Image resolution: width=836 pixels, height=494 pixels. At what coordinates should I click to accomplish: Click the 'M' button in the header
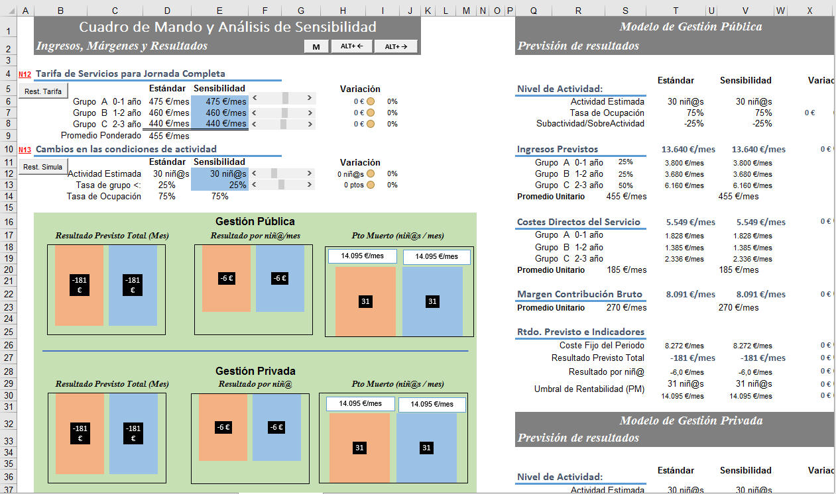pos(316,46)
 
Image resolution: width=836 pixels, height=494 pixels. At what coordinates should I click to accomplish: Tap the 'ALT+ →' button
pos(396,46)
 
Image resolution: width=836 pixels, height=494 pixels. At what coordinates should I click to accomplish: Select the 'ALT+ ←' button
pos(352,46)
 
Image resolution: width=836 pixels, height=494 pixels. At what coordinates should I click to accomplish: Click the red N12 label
pos(25,74)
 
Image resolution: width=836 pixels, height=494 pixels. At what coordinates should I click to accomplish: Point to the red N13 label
pos(25,150)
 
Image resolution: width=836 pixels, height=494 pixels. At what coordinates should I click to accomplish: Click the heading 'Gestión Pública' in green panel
pos(255,221)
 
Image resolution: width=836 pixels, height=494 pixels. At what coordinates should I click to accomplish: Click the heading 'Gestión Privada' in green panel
pos(255,371)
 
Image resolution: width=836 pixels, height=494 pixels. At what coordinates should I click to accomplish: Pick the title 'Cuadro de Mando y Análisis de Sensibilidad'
pos(227,27)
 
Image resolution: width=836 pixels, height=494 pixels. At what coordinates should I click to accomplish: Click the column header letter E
pos(219,11)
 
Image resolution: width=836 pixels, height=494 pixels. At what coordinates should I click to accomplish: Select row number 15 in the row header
pos(8,208)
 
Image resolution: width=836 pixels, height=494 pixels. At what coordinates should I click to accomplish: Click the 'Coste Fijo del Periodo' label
pos(601,345)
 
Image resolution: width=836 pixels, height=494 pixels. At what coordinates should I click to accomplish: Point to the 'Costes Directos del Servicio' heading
pos(578,222)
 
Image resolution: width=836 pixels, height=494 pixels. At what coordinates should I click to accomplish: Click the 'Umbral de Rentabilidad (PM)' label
pos(589,389)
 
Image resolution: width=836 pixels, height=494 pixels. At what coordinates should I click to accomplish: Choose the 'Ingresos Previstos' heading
pos(557,149)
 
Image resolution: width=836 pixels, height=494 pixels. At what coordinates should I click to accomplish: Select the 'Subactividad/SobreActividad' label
pos(590,123)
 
